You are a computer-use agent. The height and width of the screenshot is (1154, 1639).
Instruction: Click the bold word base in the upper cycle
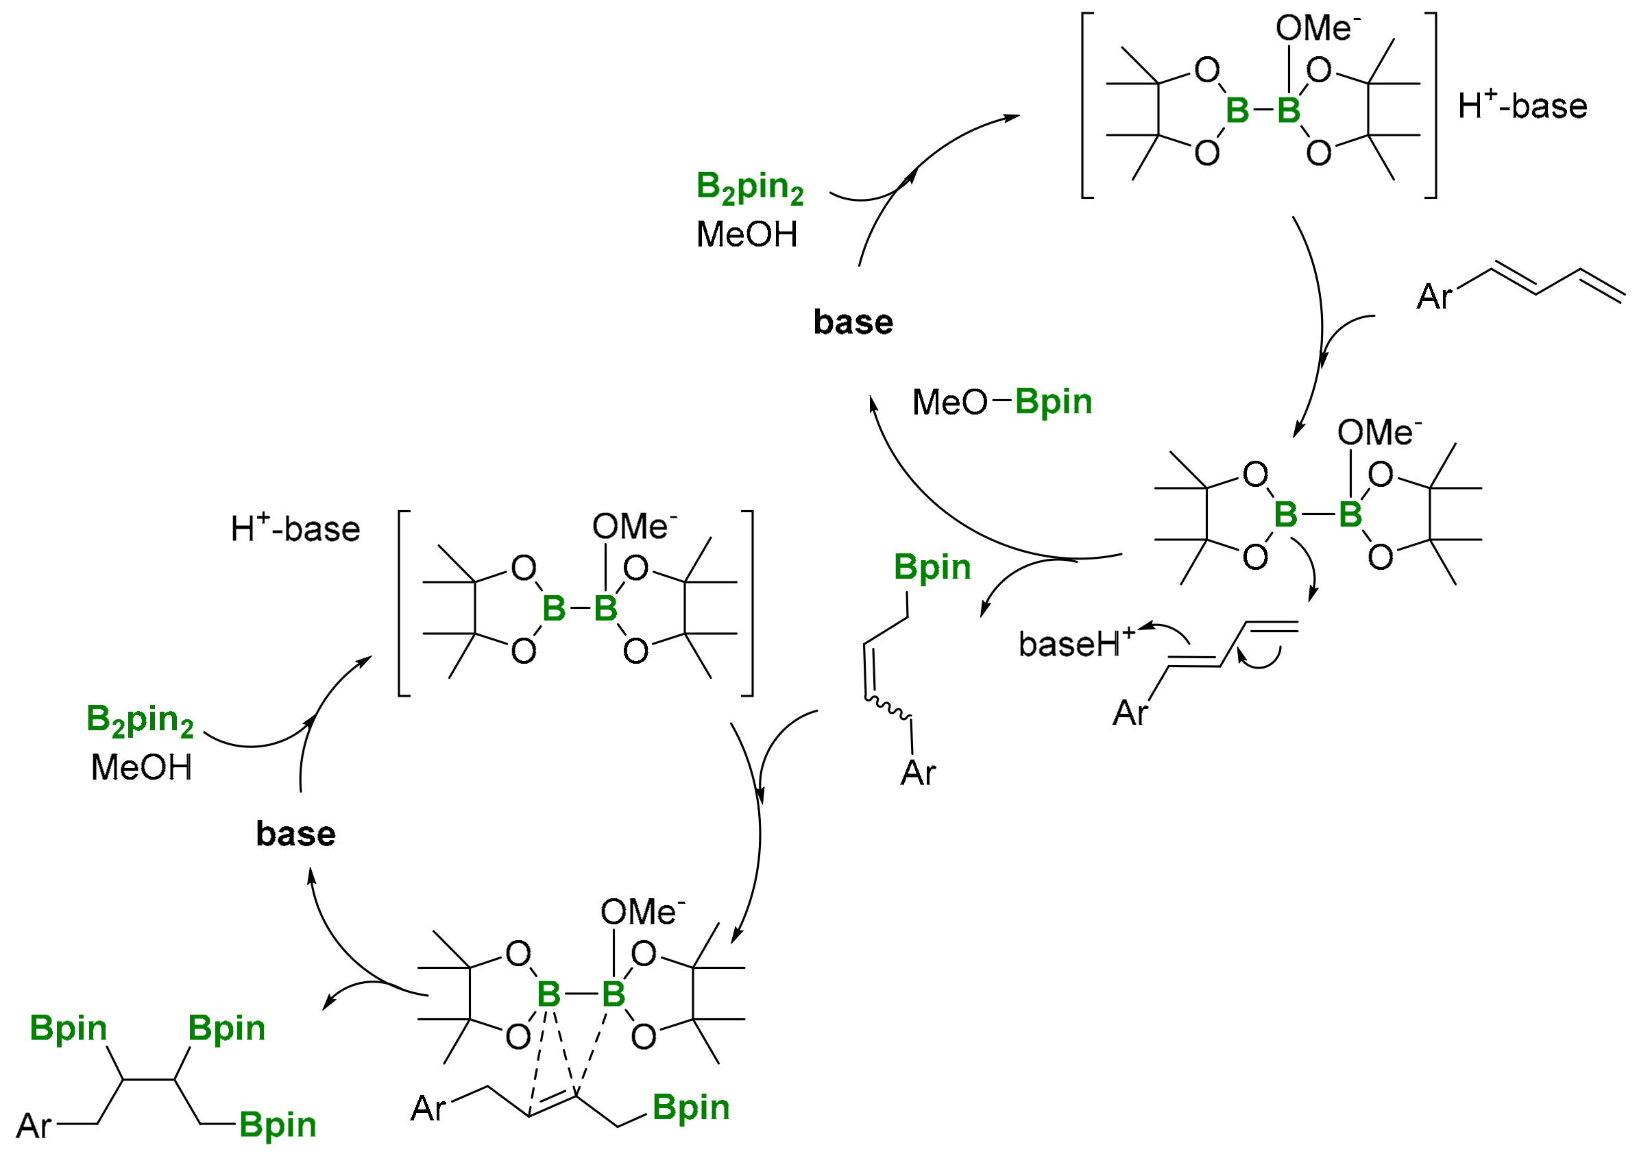coord(852,322)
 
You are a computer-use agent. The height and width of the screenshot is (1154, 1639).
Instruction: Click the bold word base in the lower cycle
coord(295,834)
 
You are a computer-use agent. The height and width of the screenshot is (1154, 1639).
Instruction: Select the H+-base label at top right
coord(1522,106)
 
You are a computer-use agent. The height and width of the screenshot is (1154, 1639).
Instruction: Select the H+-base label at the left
coord(295,529)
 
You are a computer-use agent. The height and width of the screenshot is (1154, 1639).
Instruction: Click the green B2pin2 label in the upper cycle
coord(749,187)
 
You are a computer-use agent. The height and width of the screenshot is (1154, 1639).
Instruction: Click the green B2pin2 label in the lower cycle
coord(139,720)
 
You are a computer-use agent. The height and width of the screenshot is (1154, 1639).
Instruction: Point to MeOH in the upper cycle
coord(746,235)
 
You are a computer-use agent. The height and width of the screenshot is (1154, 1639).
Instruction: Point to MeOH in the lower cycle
coord(141,768)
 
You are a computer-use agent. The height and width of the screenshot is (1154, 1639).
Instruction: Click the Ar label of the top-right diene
coord(1433,296)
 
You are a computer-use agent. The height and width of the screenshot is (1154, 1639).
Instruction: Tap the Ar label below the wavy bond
coord(917,773)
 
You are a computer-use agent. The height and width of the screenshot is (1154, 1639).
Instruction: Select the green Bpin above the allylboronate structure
coord(932,567)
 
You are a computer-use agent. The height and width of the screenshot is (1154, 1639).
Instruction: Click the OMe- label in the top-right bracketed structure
coord(1317,29)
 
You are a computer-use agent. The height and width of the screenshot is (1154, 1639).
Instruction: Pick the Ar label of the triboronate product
coord(33,1126)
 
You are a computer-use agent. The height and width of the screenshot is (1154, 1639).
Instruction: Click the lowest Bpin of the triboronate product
coord(277,1125)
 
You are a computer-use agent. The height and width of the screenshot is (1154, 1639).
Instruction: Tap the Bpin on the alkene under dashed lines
coord(690,1107)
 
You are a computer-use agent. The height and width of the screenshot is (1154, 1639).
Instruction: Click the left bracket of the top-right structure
coord(1086,105)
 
